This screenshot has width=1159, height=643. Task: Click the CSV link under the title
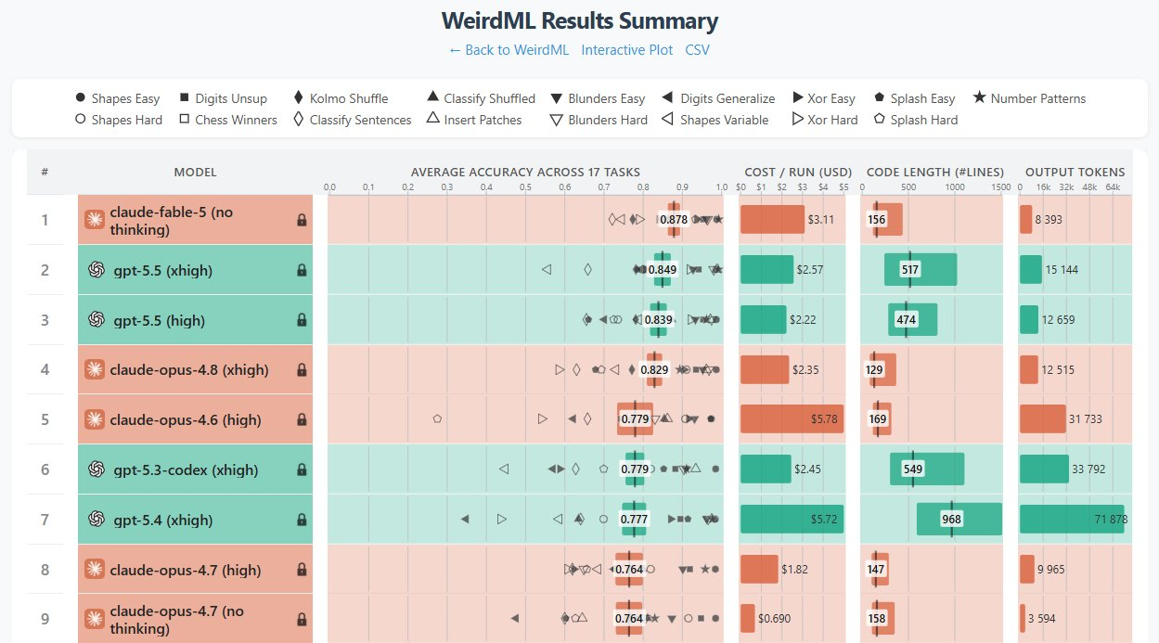(697, 50)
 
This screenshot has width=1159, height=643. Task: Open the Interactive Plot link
(626, 50)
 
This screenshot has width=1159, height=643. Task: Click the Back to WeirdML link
(509, 50)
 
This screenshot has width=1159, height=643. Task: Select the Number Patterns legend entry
(1029, 98)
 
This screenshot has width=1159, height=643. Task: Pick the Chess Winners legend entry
(228, 120)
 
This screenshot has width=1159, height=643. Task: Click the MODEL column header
(195, 173)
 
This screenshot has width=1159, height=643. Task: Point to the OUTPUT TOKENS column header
(1075, 173)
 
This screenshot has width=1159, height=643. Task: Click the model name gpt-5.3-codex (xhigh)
(186, 469)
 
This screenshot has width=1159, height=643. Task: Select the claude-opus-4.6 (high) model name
(186, 419)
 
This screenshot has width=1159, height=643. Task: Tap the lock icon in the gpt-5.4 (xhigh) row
(302, 520)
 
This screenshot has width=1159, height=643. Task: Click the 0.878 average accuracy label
(674, 219)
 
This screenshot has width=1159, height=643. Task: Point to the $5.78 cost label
(824, 419)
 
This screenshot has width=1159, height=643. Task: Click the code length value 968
(951, 519)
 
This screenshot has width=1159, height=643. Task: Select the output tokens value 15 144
(1062, 269)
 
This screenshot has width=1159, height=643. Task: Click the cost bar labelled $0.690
(748, 618)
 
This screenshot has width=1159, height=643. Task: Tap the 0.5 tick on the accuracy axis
(525, 187)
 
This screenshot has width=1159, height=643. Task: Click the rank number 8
(45, 570)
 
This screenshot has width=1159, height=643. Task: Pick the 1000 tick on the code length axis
(955, 187)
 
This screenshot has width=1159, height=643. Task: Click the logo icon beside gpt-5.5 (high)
(97, 320)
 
